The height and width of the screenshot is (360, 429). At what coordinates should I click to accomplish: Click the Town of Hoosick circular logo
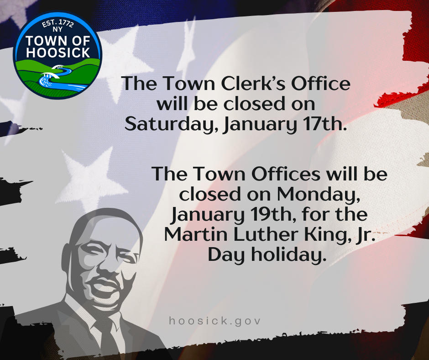click(x=58, y=55)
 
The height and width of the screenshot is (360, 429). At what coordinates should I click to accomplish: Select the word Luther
click(x=263, y=235)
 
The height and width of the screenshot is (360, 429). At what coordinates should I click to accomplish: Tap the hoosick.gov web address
click(x=214, y=321)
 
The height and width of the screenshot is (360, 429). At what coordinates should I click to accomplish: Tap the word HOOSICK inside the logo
click(x=58, y=53)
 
